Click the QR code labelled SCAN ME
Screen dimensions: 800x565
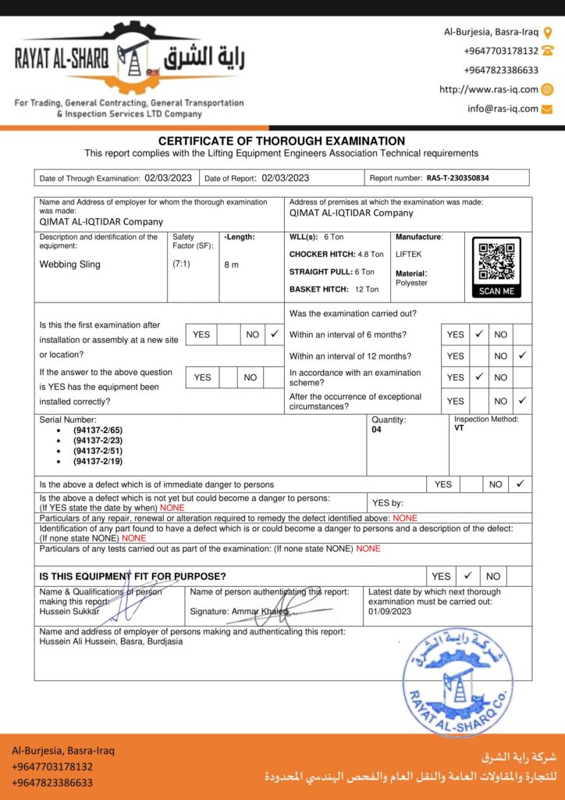point(496,262)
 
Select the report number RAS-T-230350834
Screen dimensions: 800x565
point(457,178)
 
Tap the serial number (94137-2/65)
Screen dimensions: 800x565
point(98,430)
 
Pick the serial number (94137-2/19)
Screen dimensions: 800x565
point(98,461)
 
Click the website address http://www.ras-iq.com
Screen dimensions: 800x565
point(489,90)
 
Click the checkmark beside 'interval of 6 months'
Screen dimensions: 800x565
point(479,334)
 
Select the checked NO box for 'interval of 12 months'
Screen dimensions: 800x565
point(522,355)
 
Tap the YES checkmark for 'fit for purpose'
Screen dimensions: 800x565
point(468,576)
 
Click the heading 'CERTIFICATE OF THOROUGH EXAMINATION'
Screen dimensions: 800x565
point(282,141)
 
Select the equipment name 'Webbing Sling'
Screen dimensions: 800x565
point(70,264)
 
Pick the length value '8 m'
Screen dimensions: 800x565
point(231,265)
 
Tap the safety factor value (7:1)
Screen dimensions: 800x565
point(181,263)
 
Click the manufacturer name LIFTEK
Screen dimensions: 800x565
point(408,254)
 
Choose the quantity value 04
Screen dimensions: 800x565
point(377,430)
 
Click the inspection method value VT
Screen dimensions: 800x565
point(459,428)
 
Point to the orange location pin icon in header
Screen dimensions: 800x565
point(548,33)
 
